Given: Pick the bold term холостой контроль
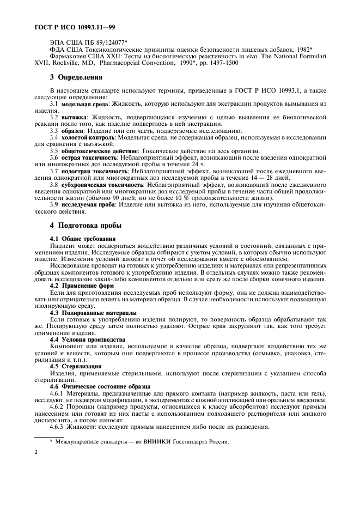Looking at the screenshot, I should (90, 137).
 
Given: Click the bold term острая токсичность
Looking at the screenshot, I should (87, 157).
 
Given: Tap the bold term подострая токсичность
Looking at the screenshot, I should (94, 171).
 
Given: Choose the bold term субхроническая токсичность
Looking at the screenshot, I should (101, 185).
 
